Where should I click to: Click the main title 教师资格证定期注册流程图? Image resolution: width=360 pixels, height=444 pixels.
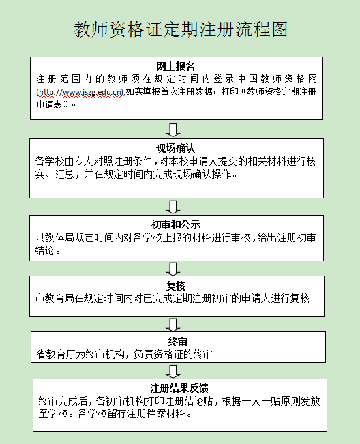(x=181, y=29)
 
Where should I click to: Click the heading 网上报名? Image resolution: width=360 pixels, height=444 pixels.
(x=176, y=67)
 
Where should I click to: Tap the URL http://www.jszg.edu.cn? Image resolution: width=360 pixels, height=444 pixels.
(x=80, y=92)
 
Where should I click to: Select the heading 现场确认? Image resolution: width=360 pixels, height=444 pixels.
(x=176, y=149)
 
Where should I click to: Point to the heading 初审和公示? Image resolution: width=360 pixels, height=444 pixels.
(x=176, y=224)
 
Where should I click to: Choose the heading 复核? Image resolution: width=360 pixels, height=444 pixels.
(x=176, y=286)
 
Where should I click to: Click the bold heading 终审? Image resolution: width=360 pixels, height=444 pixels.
(x=178, y=342)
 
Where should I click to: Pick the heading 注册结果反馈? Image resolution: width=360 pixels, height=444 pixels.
(x=179, y=388)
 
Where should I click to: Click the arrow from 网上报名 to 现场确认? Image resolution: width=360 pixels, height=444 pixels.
(x=173, y=130)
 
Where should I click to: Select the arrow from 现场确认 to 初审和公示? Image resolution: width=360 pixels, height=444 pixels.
(x=173, y=207)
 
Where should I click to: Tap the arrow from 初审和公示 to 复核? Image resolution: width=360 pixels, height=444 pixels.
(x=173, y=269)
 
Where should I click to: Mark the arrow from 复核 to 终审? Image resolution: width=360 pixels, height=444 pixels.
(x=173, y=325)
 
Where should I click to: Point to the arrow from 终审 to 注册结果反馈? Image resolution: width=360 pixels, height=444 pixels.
(x=173, y=371)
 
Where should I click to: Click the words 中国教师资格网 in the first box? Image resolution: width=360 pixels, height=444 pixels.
(x=277, y=78)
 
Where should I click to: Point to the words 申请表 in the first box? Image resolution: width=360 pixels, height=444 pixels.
(x=49, y=104)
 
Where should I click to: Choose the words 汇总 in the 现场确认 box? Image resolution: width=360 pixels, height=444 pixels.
(x=65, y=174)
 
